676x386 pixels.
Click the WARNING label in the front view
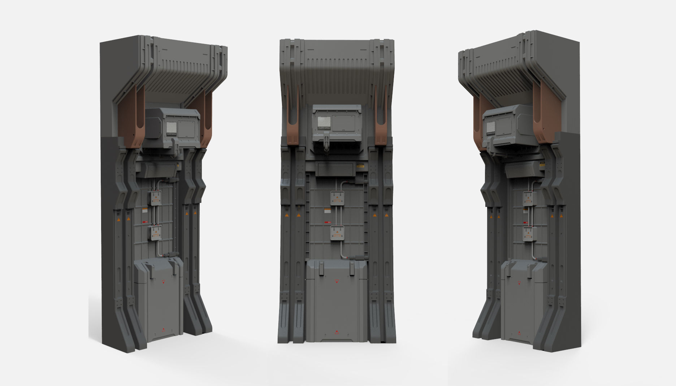[324, 127]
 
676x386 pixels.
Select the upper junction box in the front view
[337, 198]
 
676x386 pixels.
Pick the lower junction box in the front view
[337, 233]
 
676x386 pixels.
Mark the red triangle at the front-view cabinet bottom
[337, 331]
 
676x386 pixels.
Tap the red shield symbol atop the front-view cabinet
[337, 280]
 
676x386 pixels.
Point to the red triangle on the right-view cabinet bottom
[519, 333]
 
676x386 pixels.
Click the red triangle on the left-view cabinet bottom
[162, 329]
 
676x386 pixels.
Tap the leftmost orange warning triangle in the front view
[287, 216]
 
